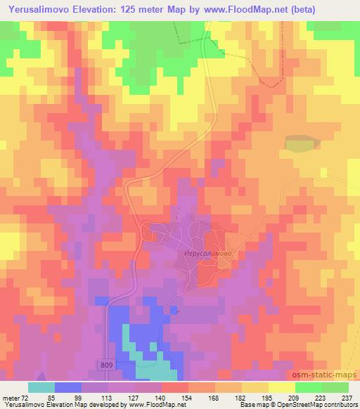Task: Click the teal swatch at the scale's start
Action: pos(42,387)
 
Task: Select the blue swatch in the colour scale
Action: pos(69,387)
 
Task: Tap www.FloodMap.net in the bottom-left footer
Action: pos(153,405)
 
